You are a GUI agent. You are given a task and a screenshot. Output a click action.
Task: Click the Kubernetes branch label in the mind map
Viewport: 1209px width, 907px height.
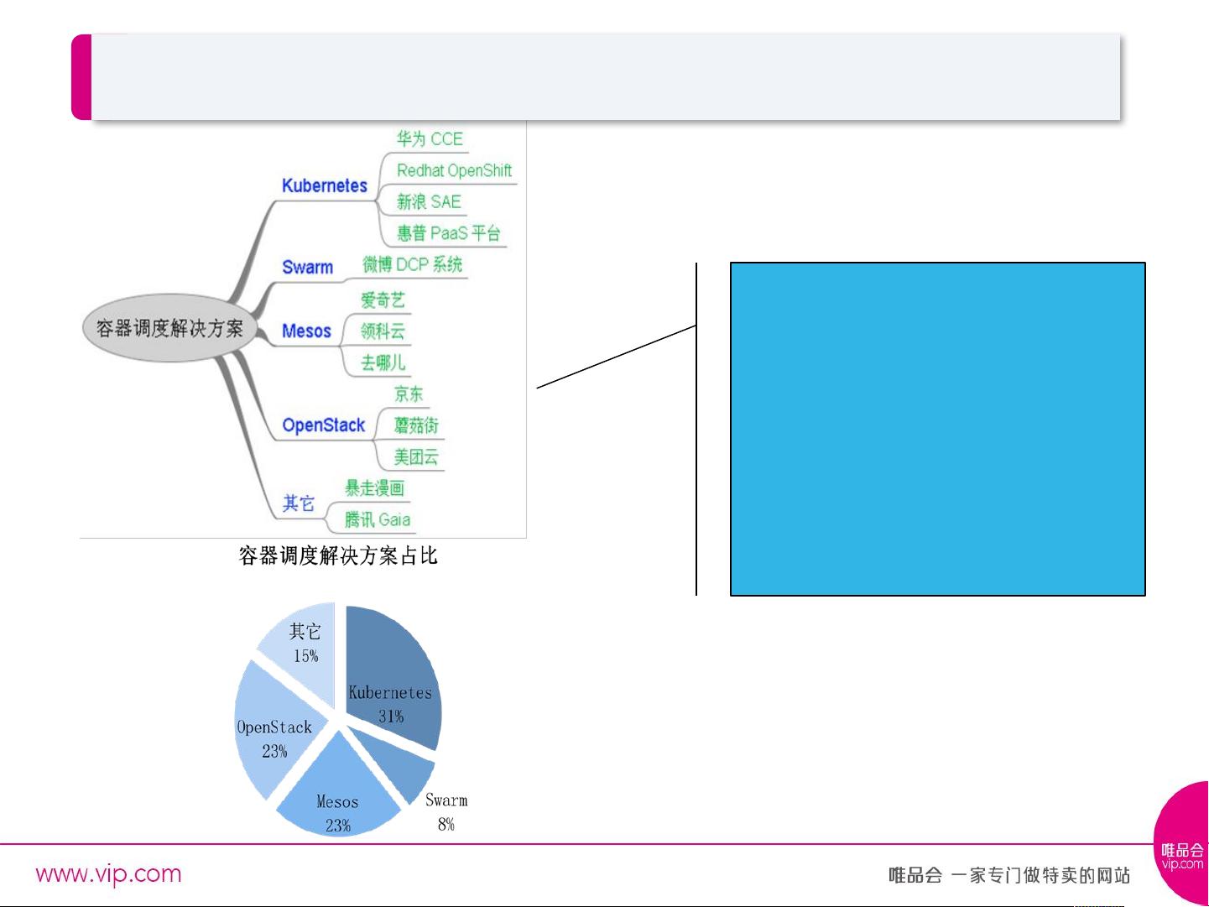(325, 185)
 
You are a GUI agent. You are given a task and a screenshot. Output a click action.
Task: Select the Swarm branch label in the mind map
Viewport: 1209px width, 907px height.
(307, 267)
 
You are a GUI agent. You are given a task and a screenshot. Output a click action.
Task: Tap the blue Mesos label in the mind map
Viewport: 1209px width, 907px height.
(306, 331)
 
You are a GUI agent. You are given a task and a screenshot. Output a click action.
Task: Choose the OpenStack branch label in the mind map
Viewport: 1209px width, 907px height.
(323, 425)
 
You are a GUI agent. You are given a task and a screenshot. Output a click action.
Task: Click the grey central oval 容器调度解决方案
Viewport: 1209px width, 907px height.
(170, 328)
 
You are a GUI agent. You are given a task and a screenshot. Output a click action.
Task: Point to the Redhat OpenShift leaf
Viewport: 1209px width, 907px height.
(455, 170)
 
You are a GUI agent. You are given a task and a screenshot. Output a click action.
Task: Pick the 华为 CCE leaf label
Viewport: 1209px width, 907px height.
(430, 138)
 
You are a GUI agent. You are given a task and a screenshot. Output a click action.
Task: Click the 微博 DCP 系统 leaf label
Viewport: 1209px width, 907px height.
(412, 265)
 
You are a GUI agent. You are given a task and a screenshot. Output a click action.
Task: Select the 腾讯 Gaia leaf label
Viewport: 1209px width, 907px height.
(378, 519)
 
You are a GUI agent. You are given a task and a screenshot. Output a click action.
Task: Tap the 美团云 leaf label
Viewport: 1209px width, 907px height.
(416, 456)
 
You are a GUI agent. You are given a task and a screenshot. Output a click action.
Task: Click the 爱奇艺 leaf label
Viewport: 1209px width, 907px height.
(383, 300)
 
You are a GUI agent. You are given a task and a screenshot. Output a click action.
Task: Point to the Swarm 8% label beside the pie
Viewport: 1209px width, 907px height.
(446, 811)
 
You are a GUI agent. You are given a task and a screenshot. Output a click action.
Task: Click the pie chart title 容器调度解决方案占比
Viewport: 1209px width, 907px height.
(338, 555)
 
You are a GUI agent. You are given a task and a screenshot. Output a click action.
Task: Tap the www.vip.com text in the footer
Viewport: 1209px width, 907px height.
(108, 874)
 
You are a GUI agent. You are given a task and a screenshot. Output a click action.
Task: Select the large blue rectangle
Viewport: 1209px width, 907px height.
(937, 429)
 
